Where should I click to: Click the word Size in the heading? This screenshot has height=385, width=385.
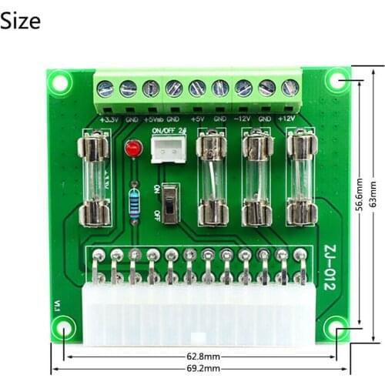point(21,21)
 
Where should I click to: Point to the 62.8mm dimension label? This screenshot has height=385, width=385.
point(202,357)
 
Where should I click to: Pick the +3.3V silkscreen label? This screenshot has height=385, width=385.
point(109,119)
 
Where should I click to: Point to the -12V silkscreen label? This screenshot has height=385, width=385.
point(243,119)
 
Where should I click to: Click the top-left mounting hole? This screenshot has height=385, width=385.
point(60,80)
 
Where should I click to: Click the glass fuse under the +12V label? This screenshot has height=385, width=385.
point(299,177)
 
